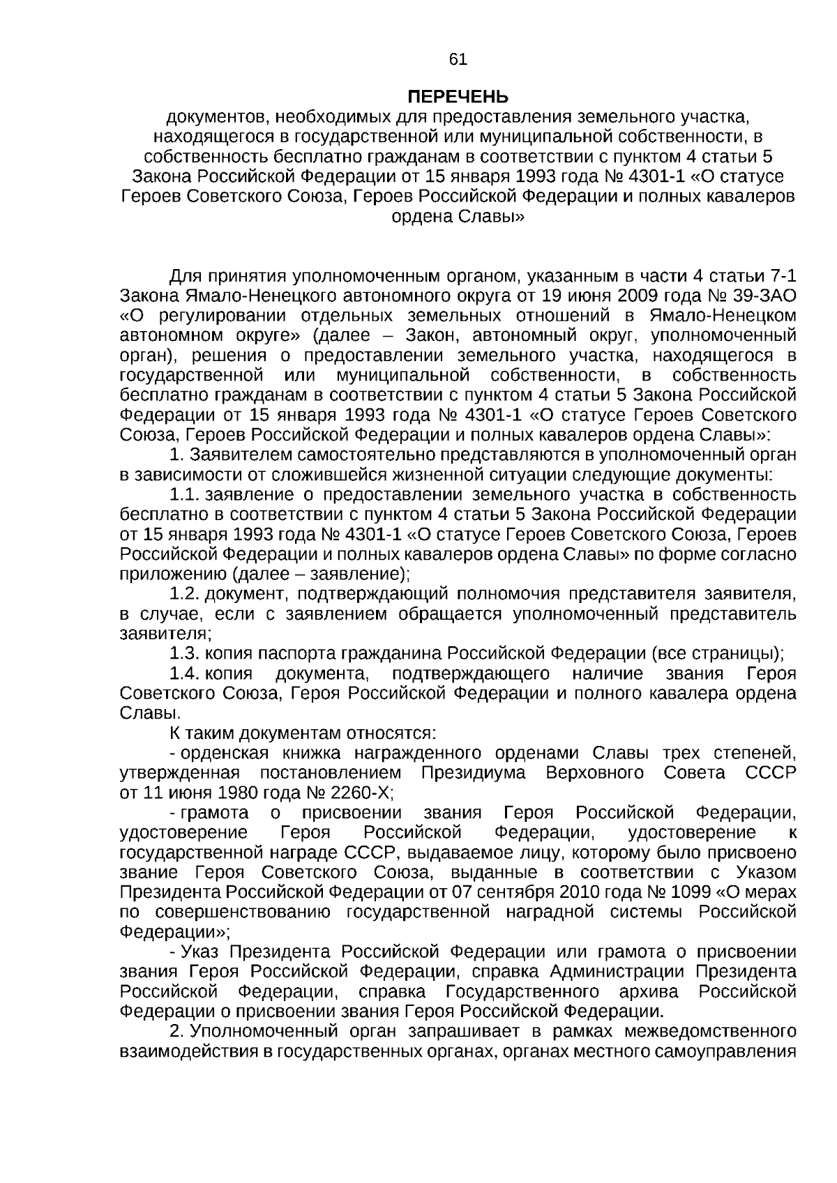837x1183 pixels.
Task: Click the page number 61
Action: point(458,59)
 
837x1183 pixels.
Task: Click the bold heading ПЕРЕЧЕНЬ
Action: point(458,96)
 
